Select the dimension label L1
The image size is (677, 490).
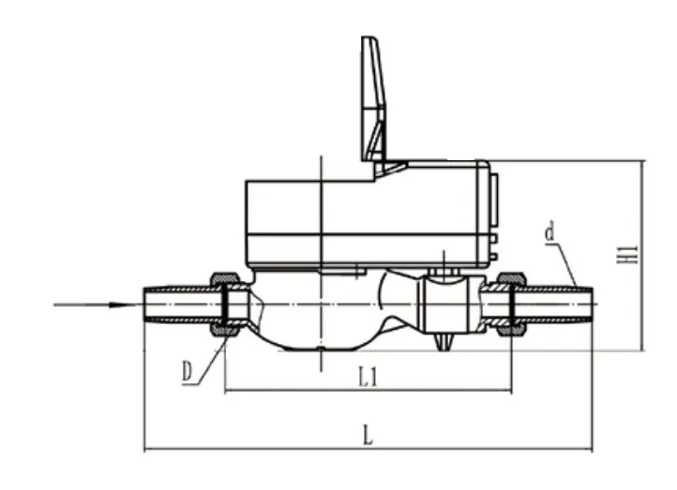[x=369, y=377]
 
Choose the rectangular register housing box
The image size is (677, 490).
[x=366, y=215]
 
